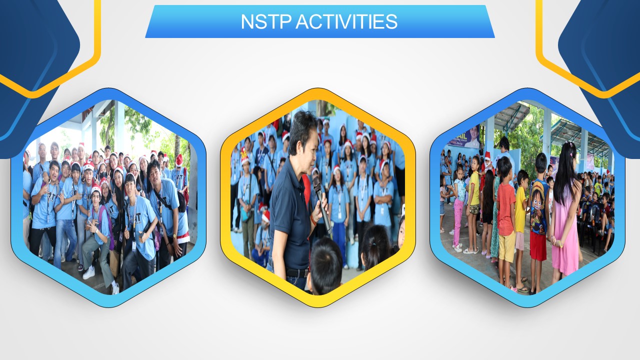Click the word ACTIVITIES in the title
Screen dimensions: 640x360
pos(346,21)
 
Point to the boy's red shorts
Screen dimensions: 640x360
pos(538,246)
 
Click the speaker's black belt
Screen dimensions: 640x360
pos(297,273)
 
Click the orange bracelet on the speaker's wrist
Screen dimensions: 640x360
pos(313,219)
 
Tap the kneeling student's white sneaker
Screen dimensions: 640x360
pos(89,273)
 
